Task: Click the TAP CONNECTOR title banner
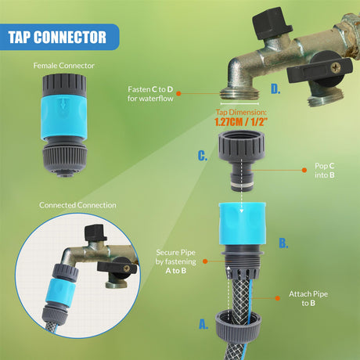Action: click(59, 37)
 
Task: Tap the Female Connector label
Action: click(63, 66)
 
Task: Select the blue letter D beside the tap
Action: click(275, 89)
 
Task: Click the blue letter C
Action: click(203, 156)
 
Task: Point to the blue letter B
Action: click(283, 243)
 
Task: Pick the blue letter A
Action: click(203, 324)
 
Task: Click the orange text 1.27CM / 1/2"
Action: click(241, 122)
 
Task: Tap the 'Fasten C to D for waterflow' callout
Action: click(150, 94)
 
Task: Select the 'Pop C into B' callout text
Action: click(325, 171)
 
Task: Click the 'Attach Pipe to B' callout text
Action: click(308, 298)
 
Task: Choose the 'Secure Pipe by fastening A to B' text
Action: click(176, 261)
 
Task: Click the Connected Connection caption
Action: click(77, 205)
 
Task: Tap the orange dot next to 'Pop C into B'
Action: click(304, 170)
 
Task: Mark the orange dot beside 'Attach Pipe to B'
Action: click(278, 298)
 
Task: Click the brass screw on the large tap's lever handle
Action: click(335, 67)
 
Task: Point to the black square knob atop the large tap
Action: click(272, 23)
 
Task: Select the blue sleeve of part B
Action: click(243, 223)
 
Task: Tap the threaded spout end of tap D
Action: click(240, 94)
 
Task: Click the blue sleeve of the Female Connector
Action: click(64, 117)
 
